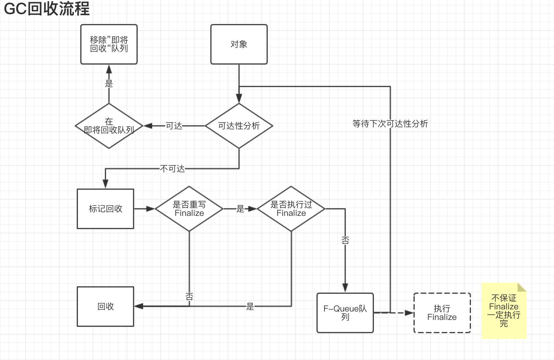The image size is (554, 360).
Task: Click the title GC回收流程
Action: (x=46, y=8)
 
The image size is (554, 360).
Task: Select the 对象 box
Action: (x=239, y=44)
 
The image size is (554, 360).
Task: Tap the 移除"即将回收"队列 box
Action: (x=109, y=44)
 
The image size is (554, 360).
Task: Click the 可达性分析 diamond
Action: (x=239, y=126)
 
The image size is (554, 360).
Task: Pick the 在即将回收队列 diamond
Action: (x=109, y=126)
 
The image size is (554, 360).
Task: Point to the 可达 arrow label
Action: (x=174, y=126)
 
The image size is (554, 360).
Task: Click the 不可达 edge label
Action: (x=172, y=169)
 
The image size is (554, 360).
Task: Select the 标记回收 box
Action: (x=105, y=209)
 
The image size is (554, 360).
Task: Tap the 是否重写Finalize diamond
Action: (x=189, y=209)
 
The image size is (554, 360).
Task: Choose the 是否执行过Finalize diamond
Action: (x=291, y=209)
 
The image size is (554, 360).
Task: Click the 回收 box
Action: (x=105, y=307)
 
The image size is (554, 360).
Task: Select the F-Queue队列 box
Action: (x=345, y=313)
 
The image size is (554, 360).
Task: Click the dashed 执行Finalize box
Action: (x=442, y=313)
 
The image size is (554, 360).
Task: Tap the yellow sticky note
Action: (x=504, y=311)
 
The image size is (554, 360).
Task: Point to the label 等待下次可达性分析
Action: (x=390, y=124)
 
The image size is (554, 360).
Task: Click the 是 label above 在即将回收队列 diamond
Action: (x=109, y=84)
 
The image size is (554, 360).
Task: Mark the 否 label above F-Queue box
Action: (x=345, y=240)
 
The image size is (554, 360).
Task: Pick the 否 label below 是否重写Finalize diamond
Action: (x=189, y=297)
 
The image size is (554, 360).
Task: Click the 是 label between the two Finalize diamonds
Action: (x=240, y=209)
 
